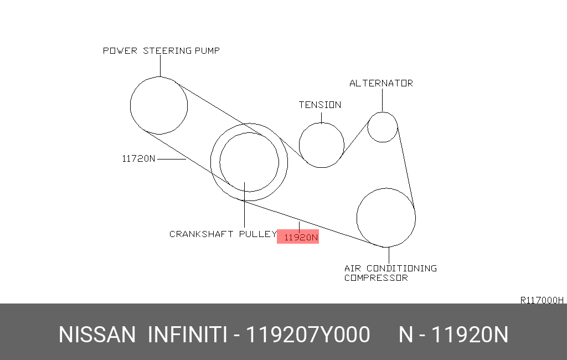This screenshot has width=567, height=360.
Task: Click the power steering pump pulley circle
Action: (x=130, y=105)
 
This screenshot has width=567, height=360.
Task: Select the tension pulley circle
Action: (x=299, y=145)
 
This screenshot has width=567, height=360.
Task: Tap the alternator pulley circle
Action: (x=368, y=127)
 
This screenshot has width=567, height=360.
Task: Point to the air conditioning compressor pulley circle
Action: (x=357, y=218)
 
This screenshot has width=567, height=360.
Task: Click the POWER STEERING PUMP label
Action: (x=161, y=50)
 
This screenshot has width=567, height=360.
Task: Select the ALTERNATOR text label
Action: (x=381, y=83)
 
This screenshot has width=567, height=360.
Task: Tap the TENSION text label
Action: (x=320, y=105)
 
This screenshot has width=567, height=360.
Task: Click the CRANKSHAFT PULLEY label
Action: (x=223, y=234)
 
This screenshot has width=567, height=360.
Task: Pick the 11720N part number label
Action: (x=138, y=158)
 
